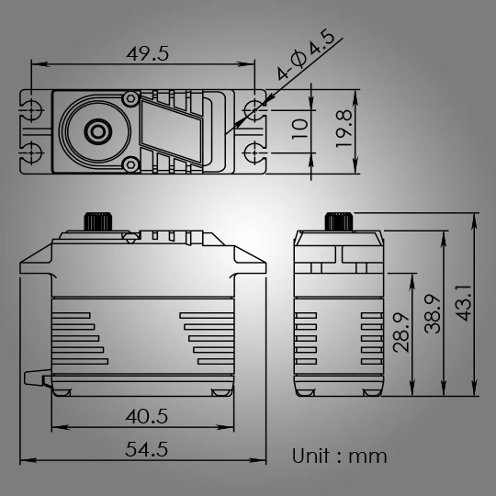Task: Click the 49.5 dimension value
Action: tap(148, 53)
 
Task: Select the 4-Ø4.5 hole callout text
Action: tap(304, 58)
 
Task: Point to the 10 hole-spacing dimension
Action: tap(299, 128)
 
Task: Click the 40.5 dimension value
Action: tap(147, 416)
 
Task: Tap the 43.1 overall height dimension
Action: tap(464, 303)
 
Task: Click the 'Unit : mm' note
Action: tap(340, 456)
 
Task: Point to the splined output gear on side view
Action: tap(338, 222)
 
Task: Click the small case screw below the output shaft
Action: tap(130, 164)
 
